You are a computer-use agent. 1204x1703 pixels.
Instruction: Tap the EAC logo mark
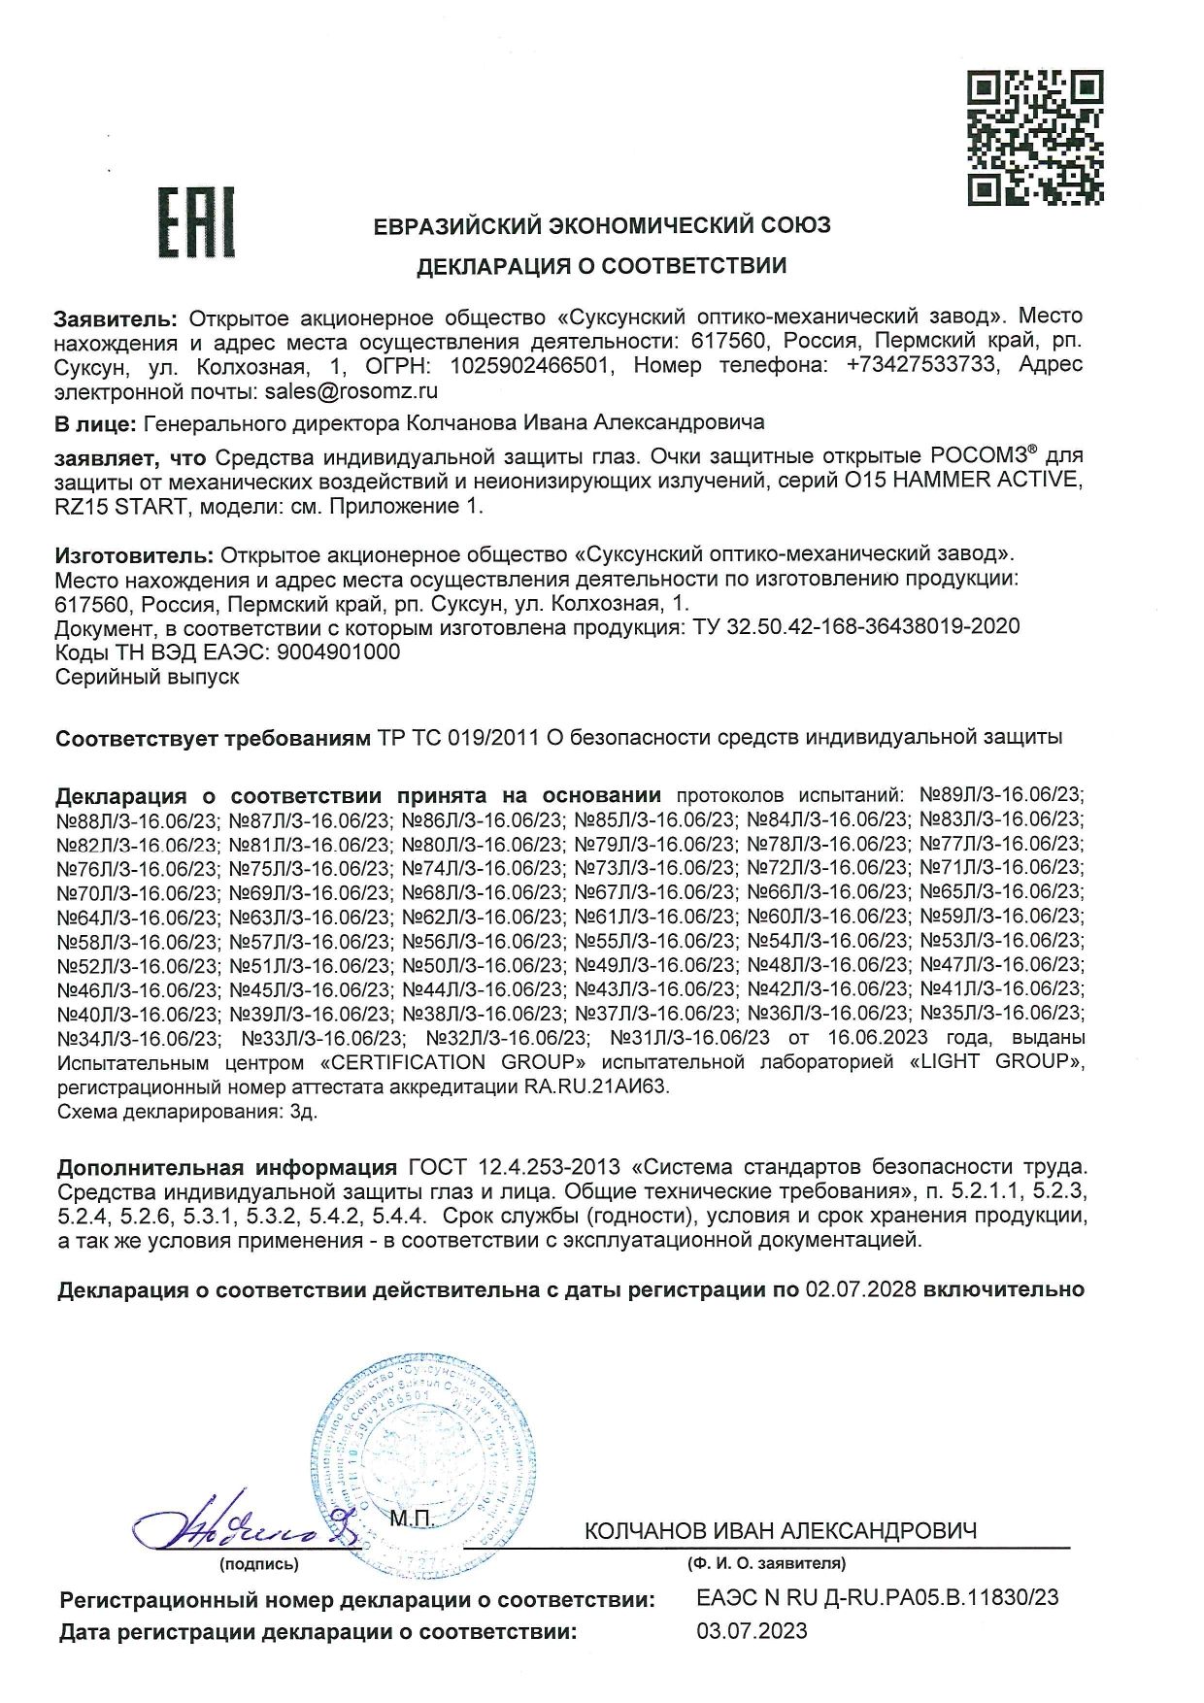click(x=196, y=224)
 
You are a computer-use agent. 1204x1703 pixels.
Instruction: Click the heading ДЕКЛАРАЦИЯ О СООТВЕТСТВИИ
click(x=602, y=266)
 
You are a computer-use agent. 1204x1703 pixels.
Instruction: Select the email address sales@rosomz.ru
click(x=346, y=391)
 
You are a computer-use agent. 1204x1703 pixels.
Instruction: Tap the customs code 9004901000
click(x=338, y=651)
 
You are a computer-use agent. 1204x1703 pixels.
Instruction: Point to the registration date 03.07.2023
click(x=752, y=1632)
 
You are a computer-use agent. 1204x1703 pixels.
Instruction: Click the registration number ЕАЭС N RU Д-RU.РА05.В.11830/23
click(x=878, y=1596)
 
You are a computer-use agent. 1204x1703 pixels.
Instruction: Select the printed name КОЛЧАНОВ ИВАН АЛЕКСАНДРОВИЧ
click(x=780, y=1531)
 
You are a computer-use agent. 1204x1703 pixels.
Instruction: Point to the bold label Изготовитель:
click(x=133, y=555)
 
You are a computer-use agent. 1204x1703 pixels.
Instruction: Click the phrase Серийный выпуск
click(x=148, y=677)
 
